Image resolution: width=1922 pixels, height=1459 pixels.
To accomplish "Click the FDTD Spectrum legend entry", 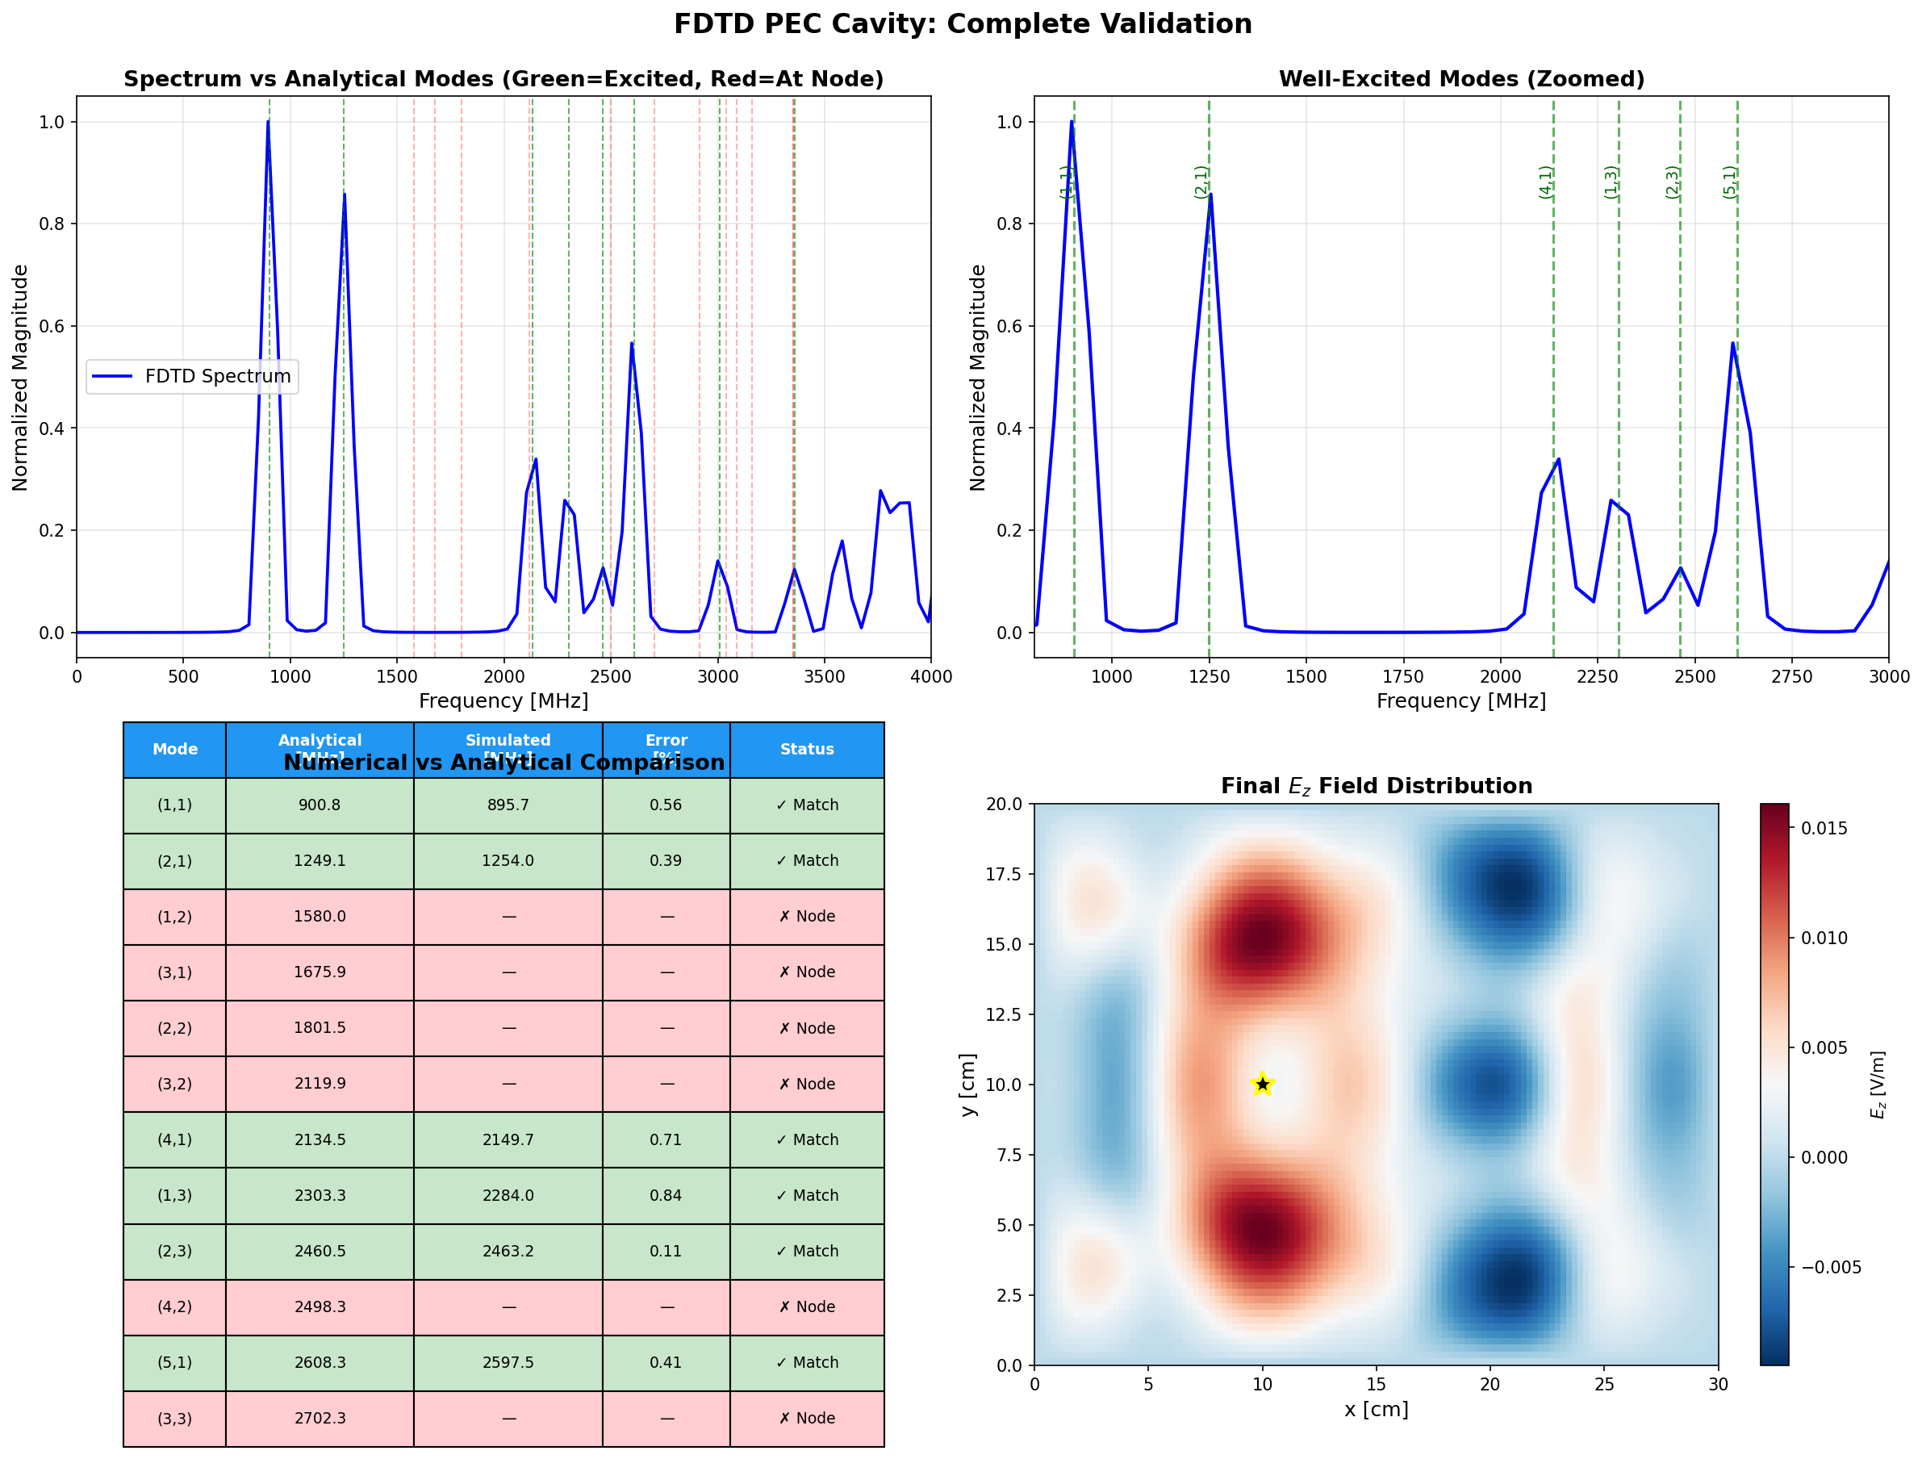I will pos(192,376).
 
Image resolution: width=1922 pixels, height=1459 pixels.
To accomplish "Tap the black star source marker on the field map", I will pos(1262,1084).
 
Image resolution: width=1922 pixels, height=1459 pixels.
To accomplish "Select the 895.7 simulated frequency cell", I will pos(508,805).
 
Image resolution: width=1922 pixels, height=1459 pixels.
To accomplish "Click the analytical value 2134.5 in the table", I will pos(320,1139).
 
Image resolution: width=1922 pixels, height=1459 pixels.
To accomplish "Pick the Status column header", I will pos(806,749).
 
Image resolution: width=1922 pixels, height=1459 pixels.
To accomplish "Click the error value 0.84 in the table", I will pos(666,1195).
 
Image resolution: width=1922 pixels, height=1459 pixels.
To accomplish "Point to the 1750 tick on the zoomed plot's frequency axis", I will pos(1402,677).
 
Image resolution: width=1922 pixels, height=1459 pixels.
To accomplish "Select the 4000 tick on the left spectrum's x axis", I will pos(930,677).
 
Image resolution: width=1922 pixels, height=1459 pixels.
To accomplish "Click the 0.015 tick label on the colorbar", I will pos(1824,828).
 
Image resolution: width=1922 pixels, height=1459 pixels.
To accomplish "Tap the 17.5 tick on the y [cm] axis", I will pos(1004,874).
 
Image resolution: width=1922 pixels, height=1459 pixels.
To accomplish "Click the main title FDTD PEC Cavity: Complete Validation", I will pos(962,23).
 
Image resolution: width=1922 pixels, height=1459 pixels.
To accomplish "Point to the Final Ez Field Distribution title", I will pos(1376,787).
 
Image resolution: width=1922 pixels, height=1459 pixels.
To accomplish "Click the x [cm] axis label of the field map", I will pos(1376,1410).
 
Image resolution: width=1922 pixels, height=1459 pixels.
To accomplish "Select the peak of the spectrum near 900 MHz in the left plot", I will pos(268,123).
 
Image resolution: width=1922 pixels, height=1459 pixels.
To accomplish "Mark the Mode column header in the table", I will pos(174,749).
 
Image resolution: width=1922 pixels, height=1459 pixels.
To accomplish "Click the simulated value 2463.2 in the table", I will pos(508,1251).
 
